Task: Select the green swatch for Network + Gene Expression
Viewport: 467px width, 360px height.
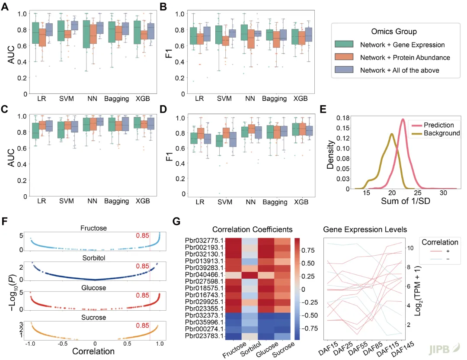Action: [345, 45]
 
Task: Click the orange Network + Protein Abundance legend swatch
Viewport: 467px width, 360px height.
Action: [345, 57]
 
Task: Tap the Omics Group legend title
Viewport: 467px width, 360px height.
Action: [394, 32]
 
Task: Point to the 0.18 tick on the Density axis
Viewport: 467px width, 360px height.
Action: [344, 118]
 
